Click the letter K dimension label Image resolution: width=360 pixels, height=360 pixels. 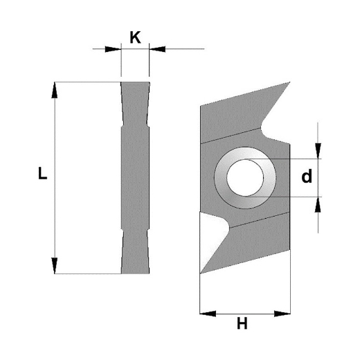tap(135, 37)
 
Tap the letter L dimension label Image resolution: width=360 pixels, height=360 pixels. tap(42, 175)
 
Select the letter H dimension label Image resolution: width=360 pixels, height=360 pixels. tap(242, 323)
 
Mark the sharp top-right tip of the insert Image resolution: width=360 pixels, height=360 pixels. tap(289, 83)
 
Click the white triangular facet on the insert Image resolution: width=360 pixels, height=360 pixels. tap(210, 232)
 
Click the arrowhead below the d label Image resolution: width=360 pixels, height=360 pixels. tap(318, 203)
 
